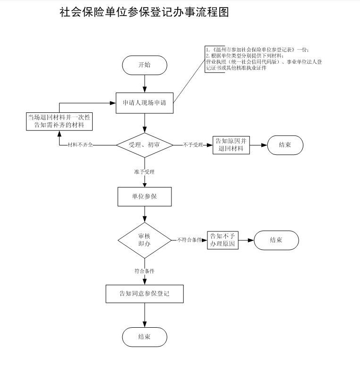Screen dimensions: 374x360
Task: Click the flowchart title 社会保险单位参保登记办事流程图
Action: pyautogui.click(x=144, y=13)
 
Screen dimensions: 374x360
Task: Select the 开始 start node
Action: pyautogui.click(x=144, y=65)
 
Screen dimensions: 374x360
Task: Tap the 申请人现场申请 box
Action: pyautogui.click(x=145, y=102)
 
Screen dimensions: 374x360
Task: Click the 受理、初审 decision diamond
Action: pyautogui.click(x=145, y=145)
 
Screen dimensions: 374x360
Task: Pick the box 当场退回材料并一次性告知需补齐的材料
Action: pyautogui.click(x=59, y=121)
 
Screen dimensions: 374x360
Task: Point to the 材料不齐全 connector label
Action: pyautogui.click(x=80, y=145)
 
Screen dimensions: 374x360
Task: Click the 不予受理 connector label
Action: pyautogui.click(x=193, y=145)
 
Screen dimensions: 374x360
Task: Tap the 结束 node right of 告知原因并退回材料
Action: pyautogui.click(x=285, y=145)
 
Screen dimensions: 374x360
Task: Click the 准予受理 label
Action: pyautogui.click(x=144, y=171)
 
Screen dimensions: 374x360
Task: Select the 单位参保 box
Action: pyautogui.click(x=144, y=196)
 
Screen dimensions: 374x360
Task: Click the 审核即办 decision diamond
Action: pyautogui.click(x=144, y=240)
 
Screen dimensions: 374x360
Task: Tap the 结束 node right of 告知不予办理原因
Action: pyautogui.click(x=276, y=240)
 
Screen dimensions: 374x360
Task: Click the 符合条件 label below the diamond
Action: pyautogui.click(x=144, y=271)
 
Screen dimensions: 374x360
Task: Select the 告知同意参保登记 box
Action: pyautogui.click(x=144, y=293)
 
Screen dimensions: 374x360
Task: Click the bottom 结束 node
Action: pyautogui.click(x=144, y=337)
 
